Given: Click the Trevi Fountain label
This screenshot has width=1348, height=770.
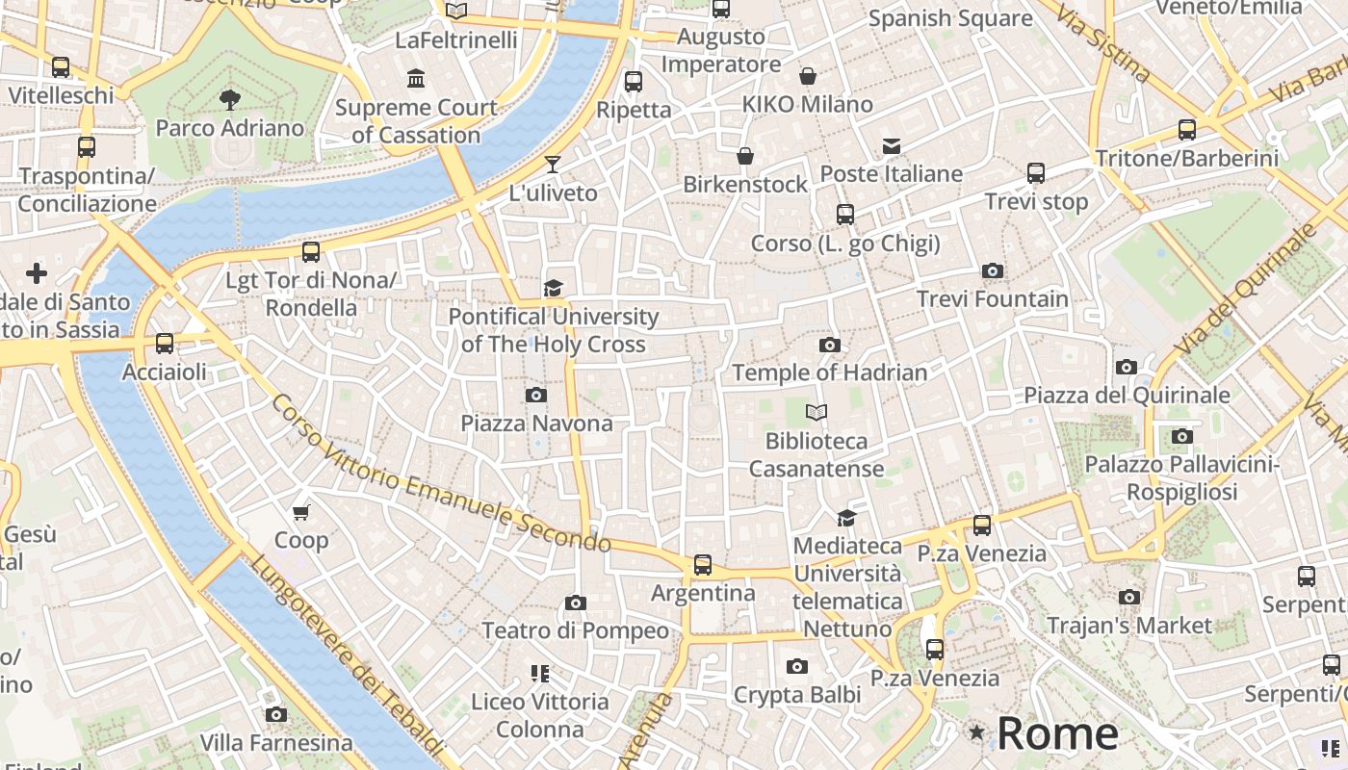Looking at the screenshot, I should (x=992, y=299).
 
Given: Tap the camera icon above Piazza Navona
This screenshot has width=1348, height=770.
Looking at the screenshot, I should (x=536, y=395).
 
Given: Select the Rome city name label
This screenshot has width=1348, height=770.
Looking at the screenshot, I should (x=1057, y=733).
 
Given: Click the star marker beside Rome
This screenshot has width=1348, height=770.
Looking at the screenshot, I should (x=977, y=733).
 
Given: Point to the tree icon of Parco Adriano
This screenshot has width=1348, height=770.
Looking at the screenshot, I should (x=229, y=98).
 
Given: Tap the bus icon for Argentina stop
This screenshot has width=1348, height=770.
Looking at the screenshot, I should (x=703, y=565).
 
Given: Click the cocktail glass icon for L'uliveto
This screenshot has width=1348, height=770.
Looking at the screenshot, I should (x=553, y=165).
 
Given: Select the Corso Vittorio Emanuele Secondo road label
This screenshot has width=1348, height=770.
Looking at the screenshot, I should (x=440, y=474).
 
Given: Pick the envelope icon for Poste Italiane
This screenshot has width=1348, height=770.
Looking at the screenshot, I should (x=892, y=146).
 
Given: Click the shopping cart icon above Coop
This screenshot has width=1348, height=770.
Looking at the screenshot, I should (x=301, y=512).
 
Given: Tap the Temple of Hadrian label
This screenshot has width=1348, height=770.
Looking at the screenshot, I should (x=830, y=372).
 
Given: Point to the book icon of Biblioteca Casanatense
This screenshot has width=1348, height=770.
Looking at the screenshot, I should (x=817, y=413).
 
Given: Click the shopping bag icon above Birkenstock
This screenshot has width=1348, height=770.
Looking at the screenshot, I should (x=745, y=156).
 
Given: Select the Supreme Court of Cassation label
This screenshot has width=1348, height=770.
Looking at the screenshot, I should (x=416, y=121).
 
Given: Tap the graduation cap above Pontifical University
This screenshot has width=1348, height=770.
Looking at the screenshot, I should (x=553, y=288).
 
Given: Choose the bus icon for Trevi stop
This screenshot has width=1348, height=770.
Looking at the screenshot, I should (x=1036, y=173).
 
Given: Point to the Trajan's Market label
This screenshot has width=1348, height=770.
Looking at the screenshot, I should (x=1129, y=626).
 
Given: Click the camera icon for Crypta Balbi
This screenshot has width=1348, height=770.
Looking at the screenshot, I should (x=796, y=666).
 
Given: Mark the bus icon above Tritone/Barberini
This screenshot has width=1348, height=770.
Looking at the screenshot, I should (x=1187, y=130).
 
